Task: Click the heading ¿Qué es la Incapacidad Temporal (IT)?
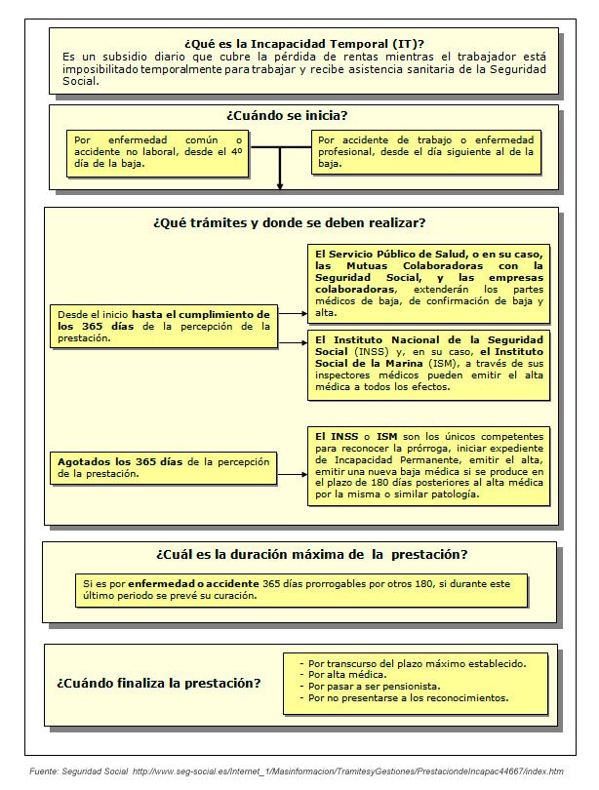pyautogui.click(x=303, y=43)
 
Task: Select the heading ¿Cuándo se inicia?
pyautogui.click(x=287, y=115)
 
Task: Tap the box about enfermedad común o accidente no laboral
pyautogui.click(x=158, y=152)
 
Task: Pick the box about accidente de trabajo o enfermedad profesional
pyautogui.click(x=426, y=152)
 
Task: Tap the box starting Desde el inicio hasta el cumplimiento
pyautogui.click(x=164, y=326)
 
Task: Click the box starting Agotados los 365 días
pyautogui.click(x=164, y=466)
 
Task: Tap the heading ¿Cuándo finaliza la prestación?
pyautogui.click(x=158, y=683)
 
